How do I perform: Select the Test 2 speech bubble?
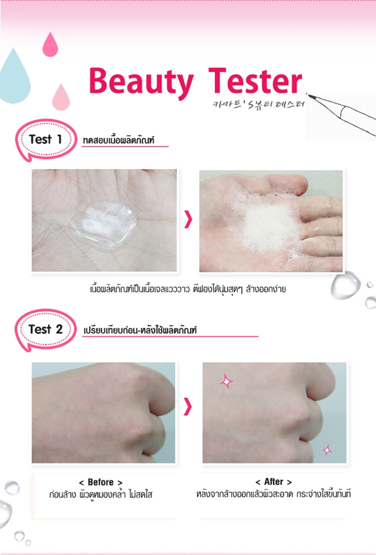pyautogui.click(x=44, y=329)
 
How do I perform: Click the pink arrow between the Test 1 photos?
pyautogui.click(x=188, y=220)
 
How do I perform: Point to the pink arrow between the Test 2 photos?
pyautogui.click(x=188, y=408)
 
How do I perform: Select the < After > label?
pyautogui.click(x=274, y=482)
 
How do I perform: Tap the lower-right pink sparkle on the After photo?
pyautogui.click(x=326, y=449)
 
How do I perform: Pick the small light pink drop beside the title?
pyautogui.click(x=61, y=96)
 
